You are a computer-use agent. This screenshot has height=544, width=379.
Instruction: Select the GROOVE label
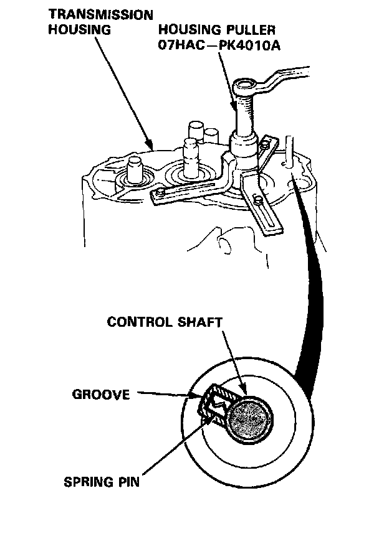[101, 393]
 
